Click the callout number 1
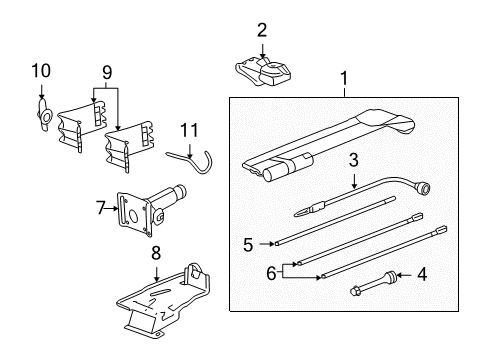347,78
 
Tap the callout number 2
262,30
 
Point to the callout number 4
421,273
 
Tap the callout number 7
100,207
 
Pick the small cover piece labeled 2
265,69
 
